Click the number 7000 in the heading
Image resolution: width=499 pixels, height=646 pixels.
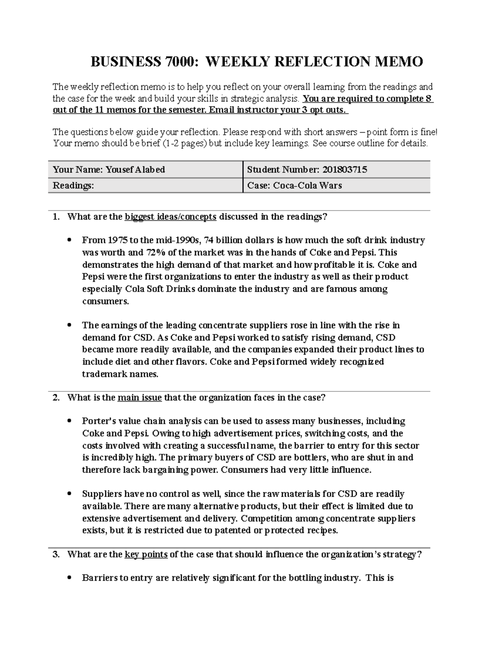point(180,62)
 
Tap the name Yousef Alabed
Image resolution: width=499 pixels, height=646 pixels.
point(135,170)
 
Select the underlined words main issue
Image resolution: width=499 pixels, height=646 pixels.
point(140,398)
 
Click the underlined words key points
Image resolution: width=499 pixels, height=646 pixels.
point(146,554)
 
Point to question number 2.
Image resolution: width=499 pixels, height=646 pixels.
point(56,398)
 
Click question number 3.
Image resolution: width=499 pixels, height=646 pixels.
point(56,554)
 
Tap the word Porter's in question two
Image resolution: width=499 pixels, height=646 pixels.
point(99,421)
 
